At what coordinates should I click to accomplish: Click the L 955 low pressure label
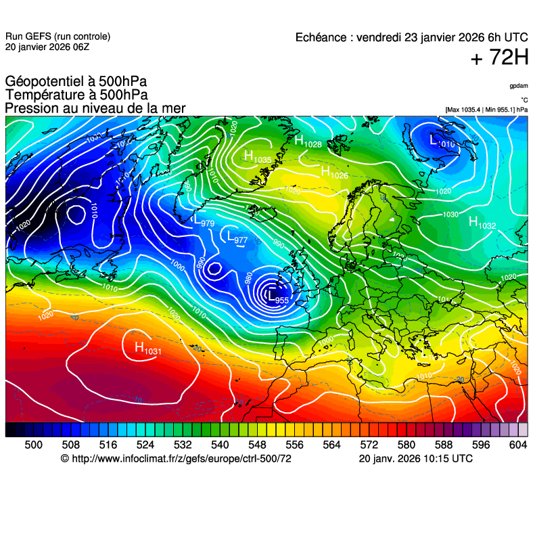click(278, 297)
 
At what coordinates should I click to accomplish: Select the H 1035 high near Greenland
click(258, 158)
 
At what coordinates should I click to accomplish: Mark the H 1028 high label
click(308, 141)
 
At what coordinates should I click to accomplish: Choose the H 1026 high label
click(334, 173)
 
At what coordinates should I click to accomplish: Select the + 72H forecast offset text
click(499, 59)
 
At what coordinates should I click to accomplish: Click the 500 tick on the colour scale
click(33, 445)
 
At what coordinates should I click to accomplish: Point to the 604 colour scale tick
click(517, 445)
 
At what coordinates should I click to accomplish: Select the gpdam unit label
click(519, 87)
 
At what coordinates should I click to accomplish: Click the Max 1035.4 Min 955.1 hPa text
click(486, 109)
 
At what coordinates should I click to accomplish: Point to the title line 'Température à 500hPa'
click(76, 95)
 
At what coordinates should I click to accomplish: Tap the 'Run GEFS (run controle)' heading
click(57, 37)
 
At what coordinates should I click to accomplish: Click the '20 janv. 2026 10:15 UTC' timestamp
click(415, 459)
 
